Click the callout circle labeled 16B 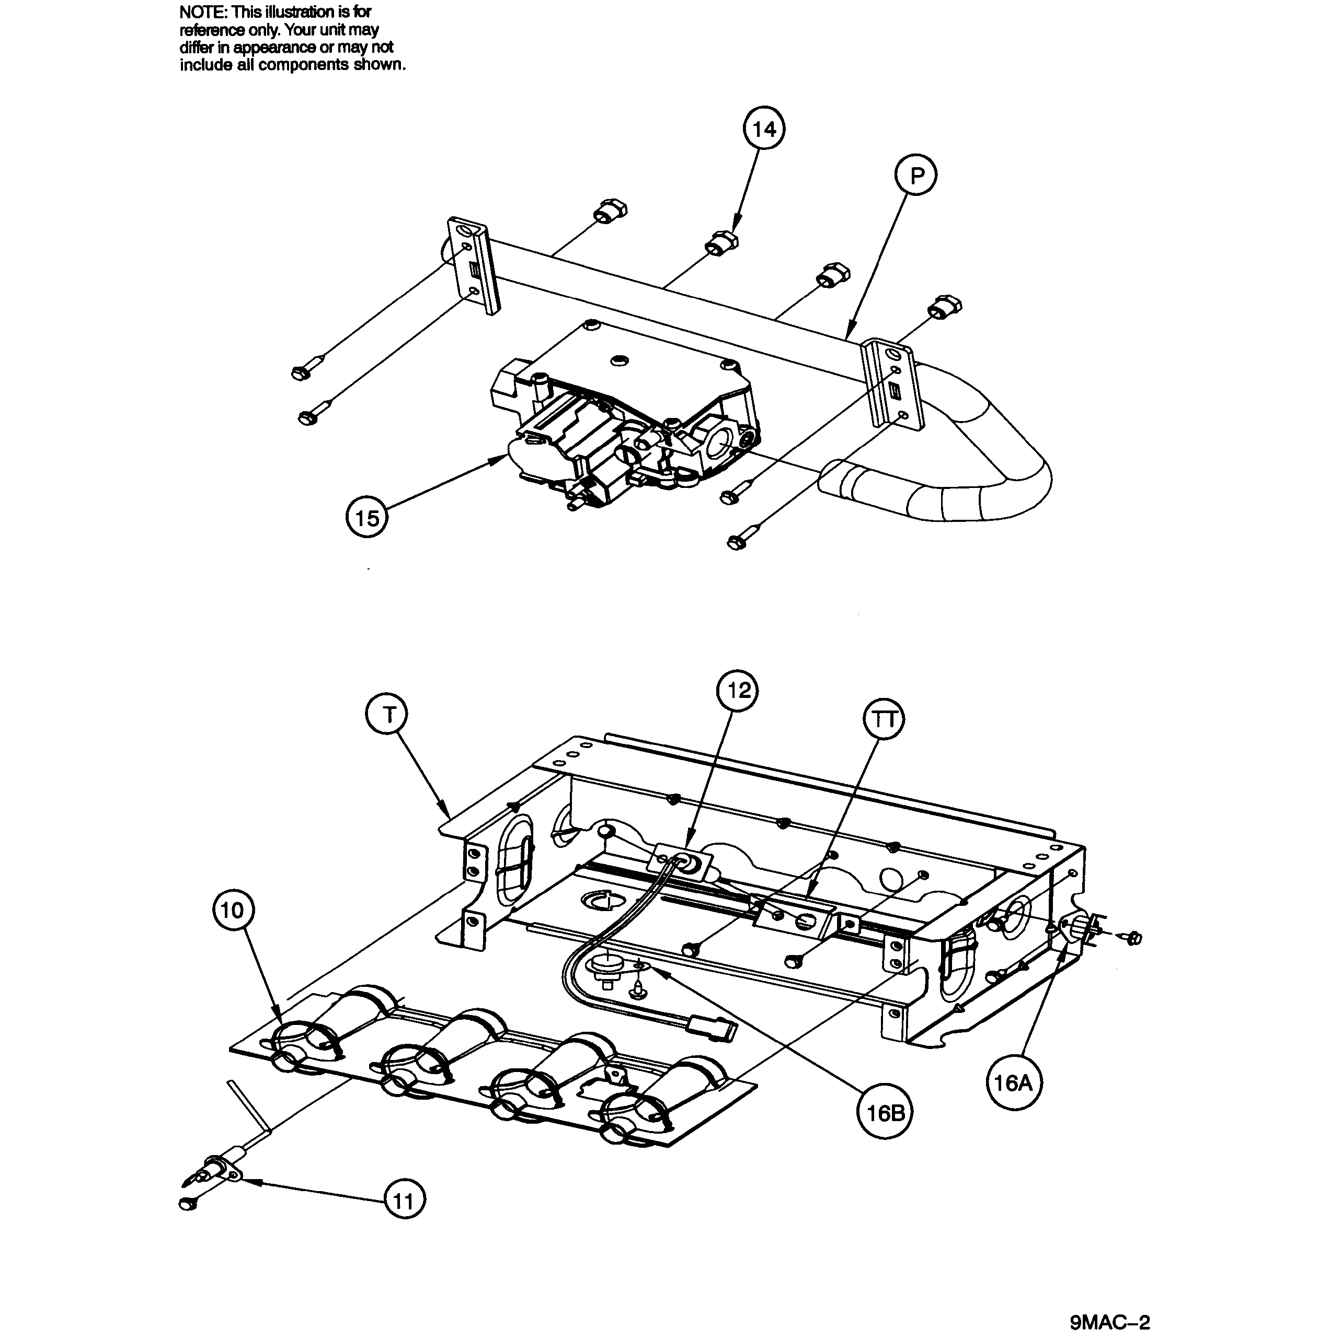point(885,1113)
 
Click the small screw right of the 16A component point(1134,939)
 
